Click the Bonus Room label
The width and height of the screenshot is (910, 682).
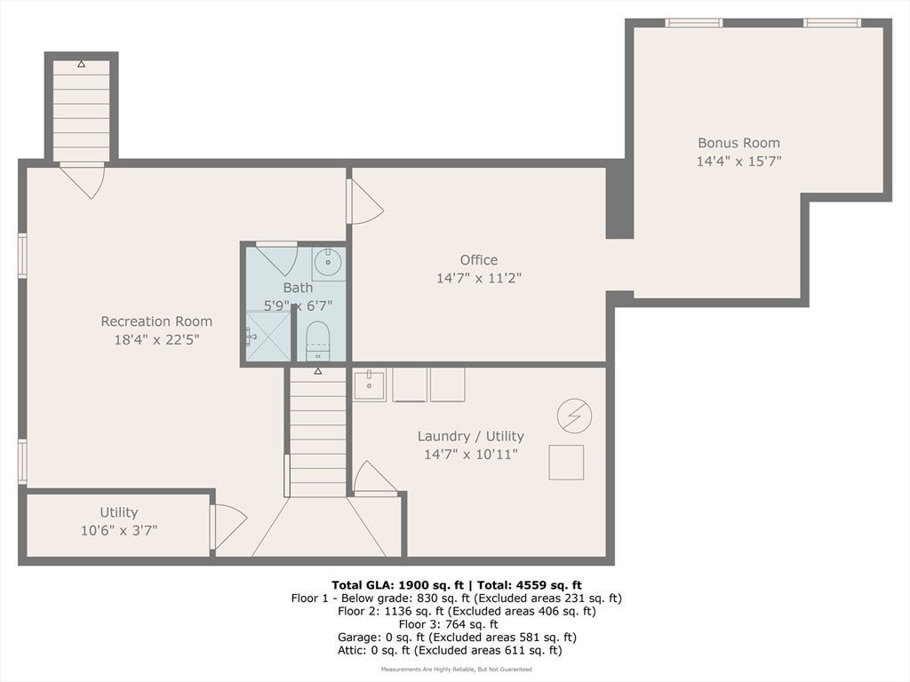(738, 143)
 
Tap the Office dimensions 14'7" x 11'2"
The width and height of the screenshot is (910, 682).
(479, 278)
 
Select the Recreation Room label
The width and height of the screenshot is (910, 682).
(156, 321)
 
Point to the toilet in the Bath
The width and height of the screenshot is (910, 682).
(317, 341)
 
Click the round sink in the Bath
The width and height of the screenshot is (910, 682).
(328, 263)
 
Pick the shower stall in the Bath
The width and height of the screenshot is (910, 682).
(268, 336)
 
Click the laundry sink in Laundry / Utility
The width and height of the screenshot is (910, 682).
(369, 385)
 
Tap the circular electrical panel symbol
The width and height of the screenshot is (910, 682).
(575, 416)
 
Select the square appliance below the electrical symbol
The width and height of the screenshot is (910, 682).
(566, 462)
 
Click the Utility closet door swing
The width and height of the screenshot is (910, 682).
(229, 527)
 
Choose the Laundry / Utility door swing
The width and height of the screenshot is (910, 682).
(374, 479)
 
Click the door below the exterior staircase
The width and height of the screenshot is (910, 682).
(83, 180)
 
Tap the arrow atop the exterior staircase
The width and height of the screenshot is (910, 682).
(81, 64)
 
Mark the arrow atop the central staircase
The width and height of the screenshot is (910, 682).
(317, 371)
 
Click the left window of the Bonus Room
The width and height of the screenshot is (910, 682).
(694, 22)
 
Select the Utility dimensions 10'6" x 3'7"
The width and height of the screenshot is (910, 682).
(119, 531)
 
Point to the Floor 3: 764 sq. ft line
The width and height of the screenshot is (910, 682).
(448, 624)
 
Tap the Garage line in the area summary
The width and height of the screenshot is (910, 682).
(457, 638)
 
